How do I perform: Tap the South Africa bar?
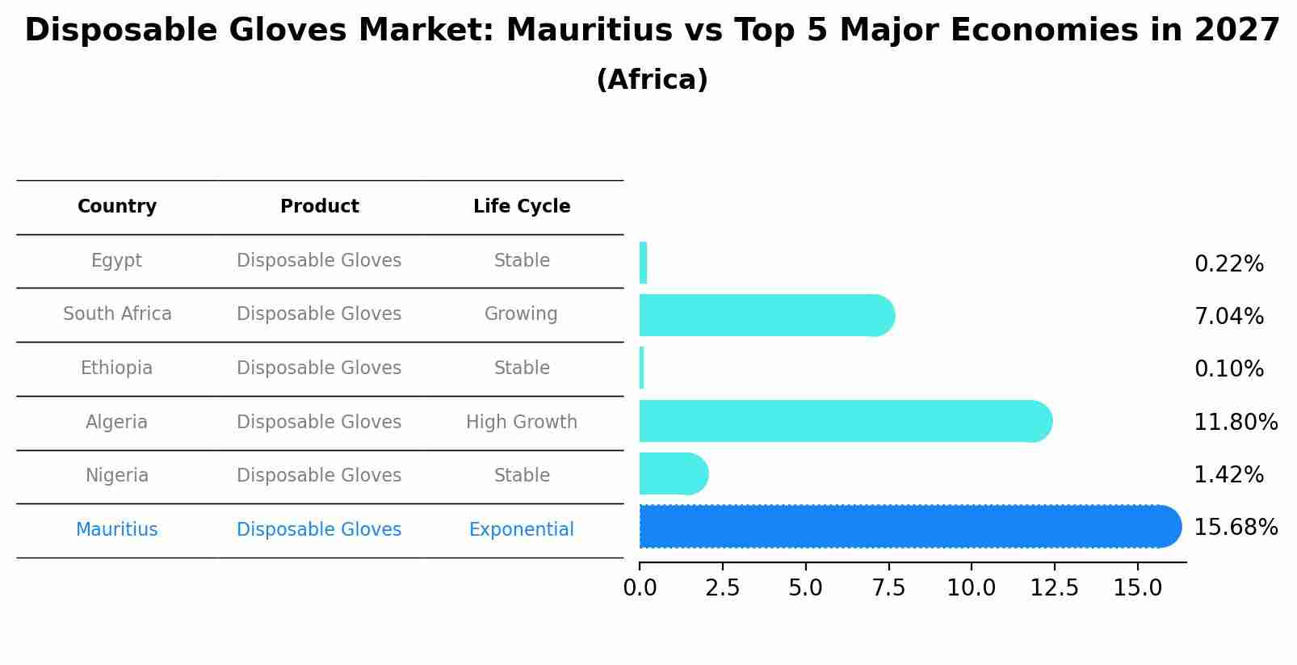763,315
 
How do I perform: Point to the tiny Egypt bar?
643,263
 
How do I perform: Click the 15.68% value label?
1235,528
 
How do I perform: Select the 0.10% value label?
1228,369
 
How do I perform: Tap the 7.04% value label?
1228,317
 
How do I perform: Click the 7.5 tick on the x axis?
888,588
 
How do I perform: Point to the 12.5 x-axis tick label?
1054,588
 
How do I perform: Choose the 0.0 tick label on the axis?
640,588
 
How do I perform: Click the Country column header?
117,207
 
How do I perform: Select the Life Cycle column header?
522,207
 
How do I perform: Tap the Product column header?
319,207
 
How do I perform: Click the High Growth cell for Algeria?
522,422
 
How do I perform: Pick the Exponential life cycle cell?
522,530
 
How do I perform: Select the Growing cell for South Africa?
521,314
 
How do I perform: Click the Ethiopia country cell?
116,368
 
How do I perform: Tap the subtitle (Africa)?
652,80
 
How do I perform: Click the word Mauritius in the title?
589,31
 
